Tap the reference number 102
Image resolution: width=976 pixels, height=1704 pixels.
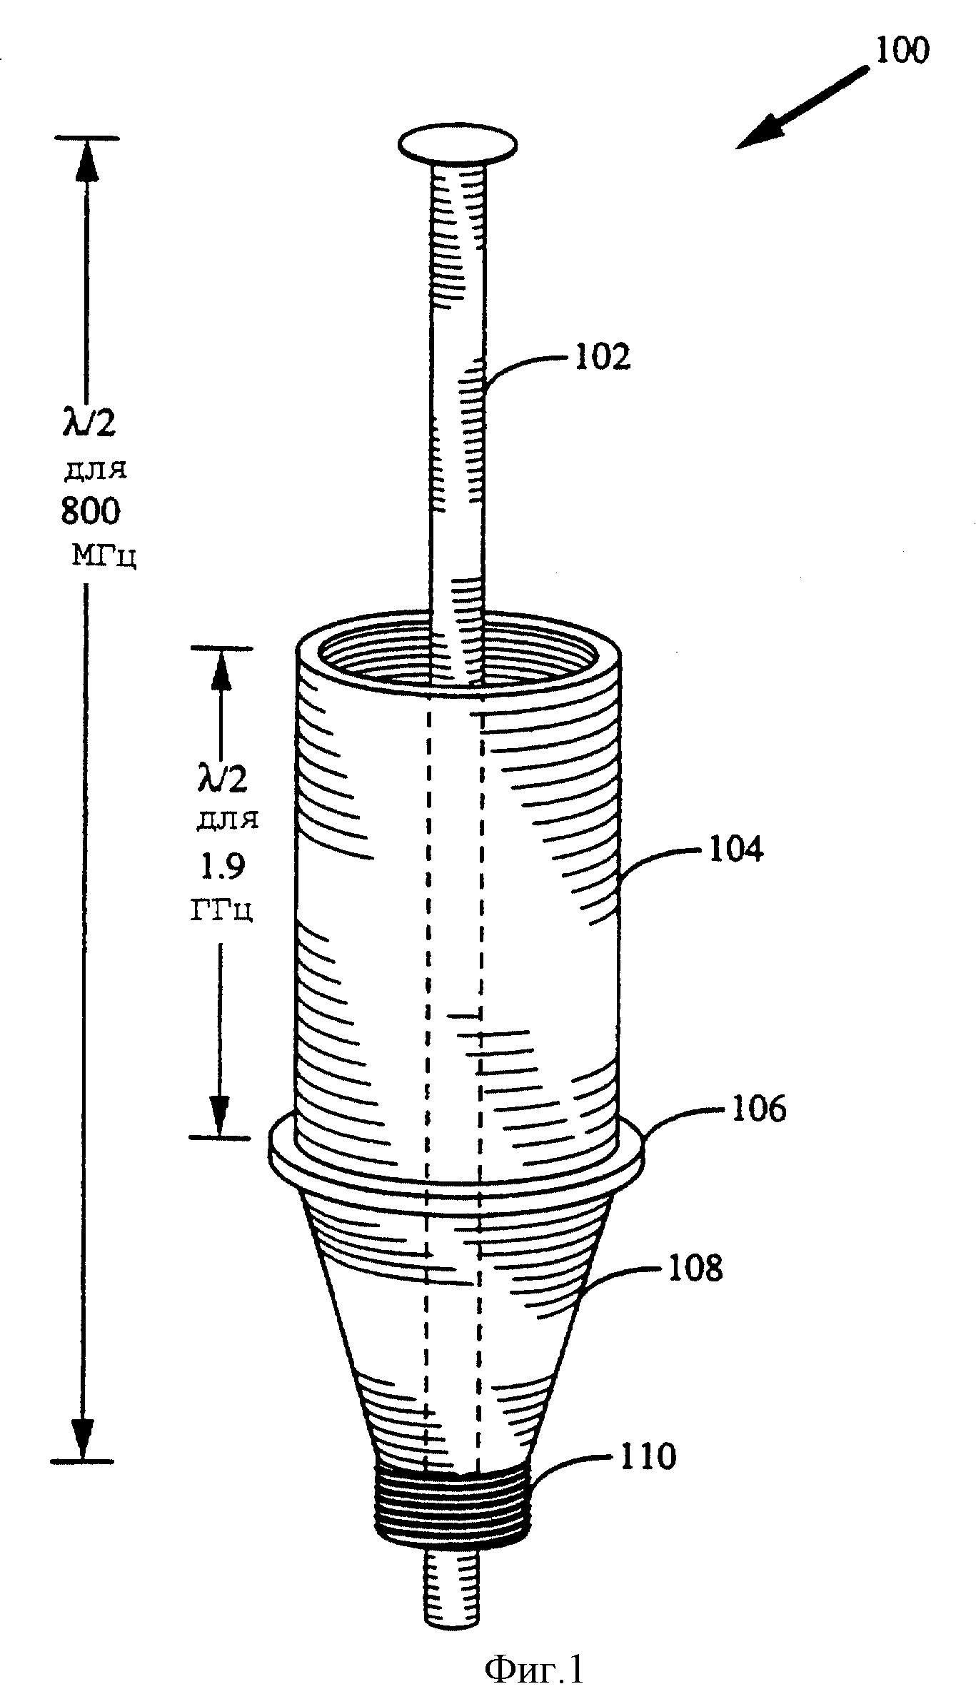[603, 357]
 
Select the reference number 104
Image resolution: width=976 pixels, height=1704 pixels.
[735, 849]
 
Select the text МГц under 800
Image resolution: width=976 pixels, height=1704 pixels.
[104, 555]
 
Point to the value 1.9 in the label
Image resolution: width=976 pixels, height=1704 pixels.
[221, 867]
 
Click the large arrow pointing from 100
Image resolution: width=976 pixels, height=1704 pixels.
[803, 107]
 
